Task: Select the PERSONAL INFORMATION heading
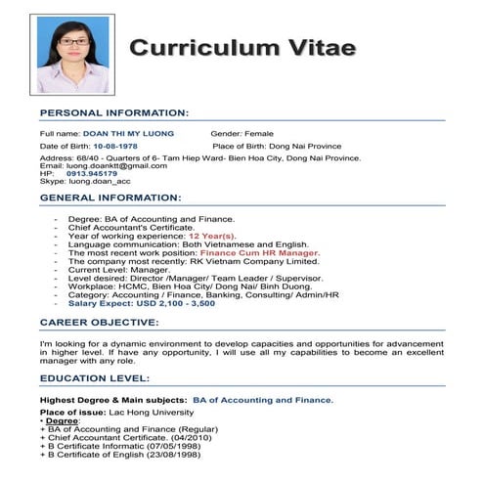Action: pyautogui.click(x=114, y=113)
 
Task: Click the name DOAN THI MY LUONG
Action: pyautogui.click(x=128, y=133)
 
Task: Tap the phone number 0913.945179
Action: pyautogui.click(x=98, y=173)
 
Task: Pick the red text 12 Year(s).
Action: pyautogui.click(x=212, y=236)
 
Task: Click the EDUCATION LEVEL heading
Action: pyautogui.click(x=96, y=378)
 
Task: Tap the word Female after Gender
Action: pyautogui.click(x=259, y=133)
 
